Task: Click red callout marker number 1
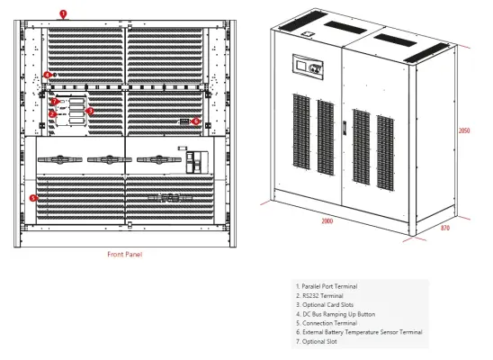63,13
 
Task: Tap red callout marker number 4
47,75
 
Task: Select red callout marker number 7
55,102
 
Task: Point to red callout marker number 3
90,111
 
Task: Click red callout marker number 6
196,121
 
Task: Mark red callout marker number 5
33,198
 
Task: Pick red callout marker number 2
52,114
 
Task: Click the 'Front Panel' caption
124,255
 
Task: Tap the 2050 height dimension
464,130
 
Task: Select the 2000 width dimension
327,221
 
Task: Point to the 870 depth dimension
445,228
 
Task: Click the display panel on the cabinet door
308,67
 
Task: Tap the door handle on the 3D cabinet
345,128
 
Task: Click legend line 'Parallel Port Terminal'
327,286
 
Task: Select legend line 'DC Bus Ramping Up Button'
336,314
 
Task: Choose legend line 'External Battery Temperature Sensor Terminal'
359,332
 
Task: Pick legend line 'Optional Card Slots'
325,305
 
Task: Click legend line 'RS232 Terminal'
319,296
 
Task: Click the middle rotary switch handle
109,159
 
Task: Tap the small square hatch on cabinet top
308,33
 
